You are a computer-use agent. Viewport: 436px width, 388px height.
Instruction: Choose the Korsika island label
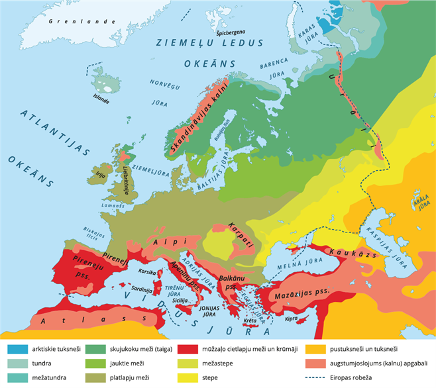click(146, 271)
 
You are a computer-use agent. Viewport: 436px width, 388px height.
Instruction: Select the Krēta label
click(250, 320)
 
